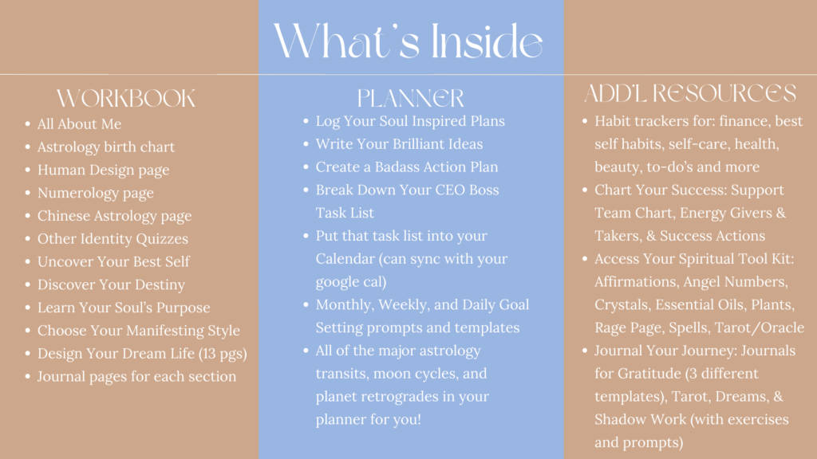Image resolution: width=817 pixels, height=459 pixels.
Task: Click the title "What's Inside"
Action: point(408,41)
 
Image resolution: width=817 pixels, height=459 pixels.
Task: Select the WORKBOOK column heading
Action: point(126,98)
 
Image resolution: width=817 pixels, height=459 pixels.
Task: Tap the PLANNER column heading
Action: point(411,98)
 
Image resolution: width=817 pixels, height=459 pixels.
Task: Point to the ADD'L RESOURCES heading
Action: point(690,93)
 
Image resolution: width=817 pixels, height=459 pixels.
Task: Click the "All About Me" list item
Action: point(79,124)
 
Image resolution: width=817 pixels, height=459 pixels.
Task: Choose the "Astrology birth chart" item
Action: point(106,147)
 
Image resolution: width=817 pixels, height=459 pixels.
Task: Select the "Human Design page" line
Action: point(103,171)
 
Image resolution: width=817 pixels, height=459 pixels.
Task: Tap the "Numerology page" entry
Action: point(96,193)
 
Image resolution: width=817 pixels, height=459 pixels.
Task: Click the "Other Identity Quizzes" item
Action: point(112,239)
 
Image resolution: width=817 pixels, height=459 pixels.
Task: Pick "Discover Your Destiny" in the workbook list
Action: point(111,284)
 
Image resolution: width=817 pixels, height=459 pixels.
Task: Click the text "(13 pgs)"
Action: point(223,354)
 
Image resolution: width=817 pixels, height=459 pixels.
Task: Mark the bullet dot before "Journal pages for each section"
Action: point(28,376)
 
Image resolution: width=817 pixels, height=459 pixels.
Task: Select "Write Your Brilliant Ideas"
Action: point(399,143)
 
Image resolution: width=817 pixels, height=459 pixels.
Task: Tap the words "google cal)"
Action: point(351,282)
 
